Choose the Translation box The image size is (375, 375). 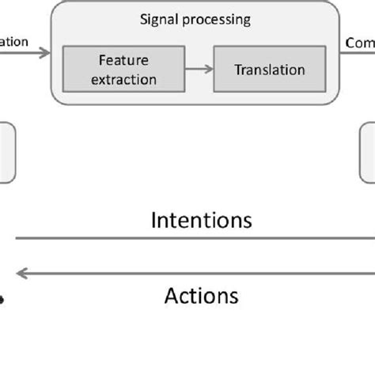tap(269, 70)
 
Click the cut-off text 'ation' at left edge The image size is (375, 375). tap(14, 42)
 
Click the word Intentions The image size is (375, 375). tap(202, 219)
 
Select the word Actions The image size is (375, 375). tap(201, 296)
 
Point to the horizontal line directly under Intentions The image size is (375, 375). tap(194, 237)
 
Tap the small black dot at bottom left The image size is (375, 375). tap(2, 299)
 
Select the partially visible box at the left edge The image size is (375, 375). tap(6, 153)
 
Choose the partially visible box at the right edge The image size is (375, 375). tap(368, 153)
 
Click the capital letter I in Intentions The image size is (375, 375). tap(153, 219)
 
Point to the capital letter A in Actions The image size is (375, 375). tap(172, 296)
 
